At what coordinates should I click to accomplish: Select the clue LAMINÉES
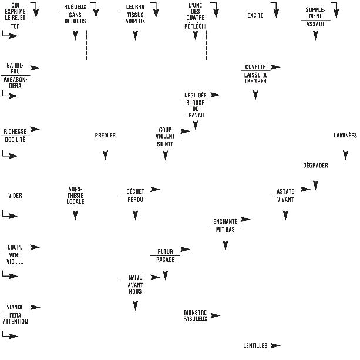click(x=345, y=136)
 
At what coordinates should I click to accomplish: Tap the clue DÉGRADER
click(x=315, y=166)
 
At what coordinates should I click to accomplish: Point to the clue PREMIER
click(x=105, y=136)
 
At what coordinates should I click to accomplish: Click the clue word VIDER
click(x=15, y=196)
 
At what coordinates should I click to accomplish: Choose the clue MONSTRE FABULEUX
click(x=195, y=316)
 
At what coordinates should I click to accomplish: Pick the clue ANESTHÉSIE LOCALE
click(x=75, y=196)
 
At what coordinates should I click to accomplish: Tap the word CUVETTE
click(x=255, y=67)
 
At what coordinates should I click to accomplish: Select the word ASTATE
click(x=285, y=191)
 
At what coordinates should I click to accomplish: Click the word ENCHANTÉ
click(x=225, y=221)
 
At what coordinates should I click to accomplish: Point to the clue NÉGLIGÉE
click(x=195, y=95)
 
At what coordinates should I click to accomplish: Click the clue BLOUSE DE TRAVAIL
click(x=195, y=109)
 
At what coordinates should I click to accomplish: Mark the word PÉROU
click(x=135, y=200)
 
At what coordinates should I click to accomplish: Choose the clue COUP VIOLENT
click(x=165, y=133)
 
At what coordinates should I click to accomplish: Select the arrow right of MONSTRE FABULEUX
click(x=216, y=316)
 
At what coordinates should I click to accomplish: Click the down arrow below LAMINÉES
click(x=345, y=156)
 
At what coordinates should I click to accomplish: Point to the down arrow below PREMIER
click(x=105, y=156)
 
